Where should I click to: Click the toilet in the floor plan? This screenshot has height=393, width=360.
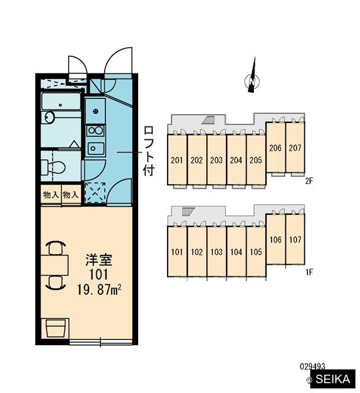coord(53,167)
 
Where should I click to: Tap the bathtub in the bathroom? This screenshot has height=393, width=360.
coord(61,102)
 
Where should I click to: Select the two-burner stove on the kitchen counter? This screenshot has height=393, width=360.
coord(95,130)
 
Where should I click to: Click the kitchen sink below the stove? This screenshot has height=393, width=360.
coord(96,148)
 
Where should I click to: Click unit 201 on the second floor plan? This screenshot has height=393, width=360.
coord(177,160)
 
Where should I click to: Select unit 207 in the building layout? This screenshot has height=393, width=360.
coord(295,147)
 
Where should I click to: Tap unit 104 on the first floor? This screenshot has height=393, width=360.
coord(236,252)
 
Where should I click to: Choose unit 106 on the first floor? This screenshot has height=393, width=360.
coord(276,240)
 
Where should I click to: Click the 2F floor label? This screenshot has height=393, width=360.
coord(309,181)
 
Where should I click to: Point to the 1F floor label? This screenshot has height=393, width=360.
coord(309,272)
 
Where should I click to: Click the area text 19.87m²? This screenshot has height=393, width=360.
coord(99,290)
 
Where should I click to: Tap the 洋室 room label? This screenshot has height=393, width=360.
coord(99,260)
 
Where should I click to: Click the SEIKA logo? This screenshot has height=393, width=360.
coord(333,379)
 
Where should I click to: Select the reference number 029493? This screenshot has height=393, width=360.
coord(312,367)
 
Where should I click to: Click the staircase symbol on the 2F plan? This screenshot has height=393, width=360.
coord(208,121)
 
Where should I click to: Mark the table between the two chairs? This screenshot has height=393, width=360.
coord(54,265)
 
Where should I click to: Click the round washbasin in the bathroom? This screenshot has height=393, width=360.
coord(50,117)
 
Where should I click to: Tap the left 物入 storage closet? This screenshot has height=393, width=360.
coord(51,195)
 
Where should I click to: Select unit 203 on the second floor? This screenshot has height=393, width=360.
coord(217,160)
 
